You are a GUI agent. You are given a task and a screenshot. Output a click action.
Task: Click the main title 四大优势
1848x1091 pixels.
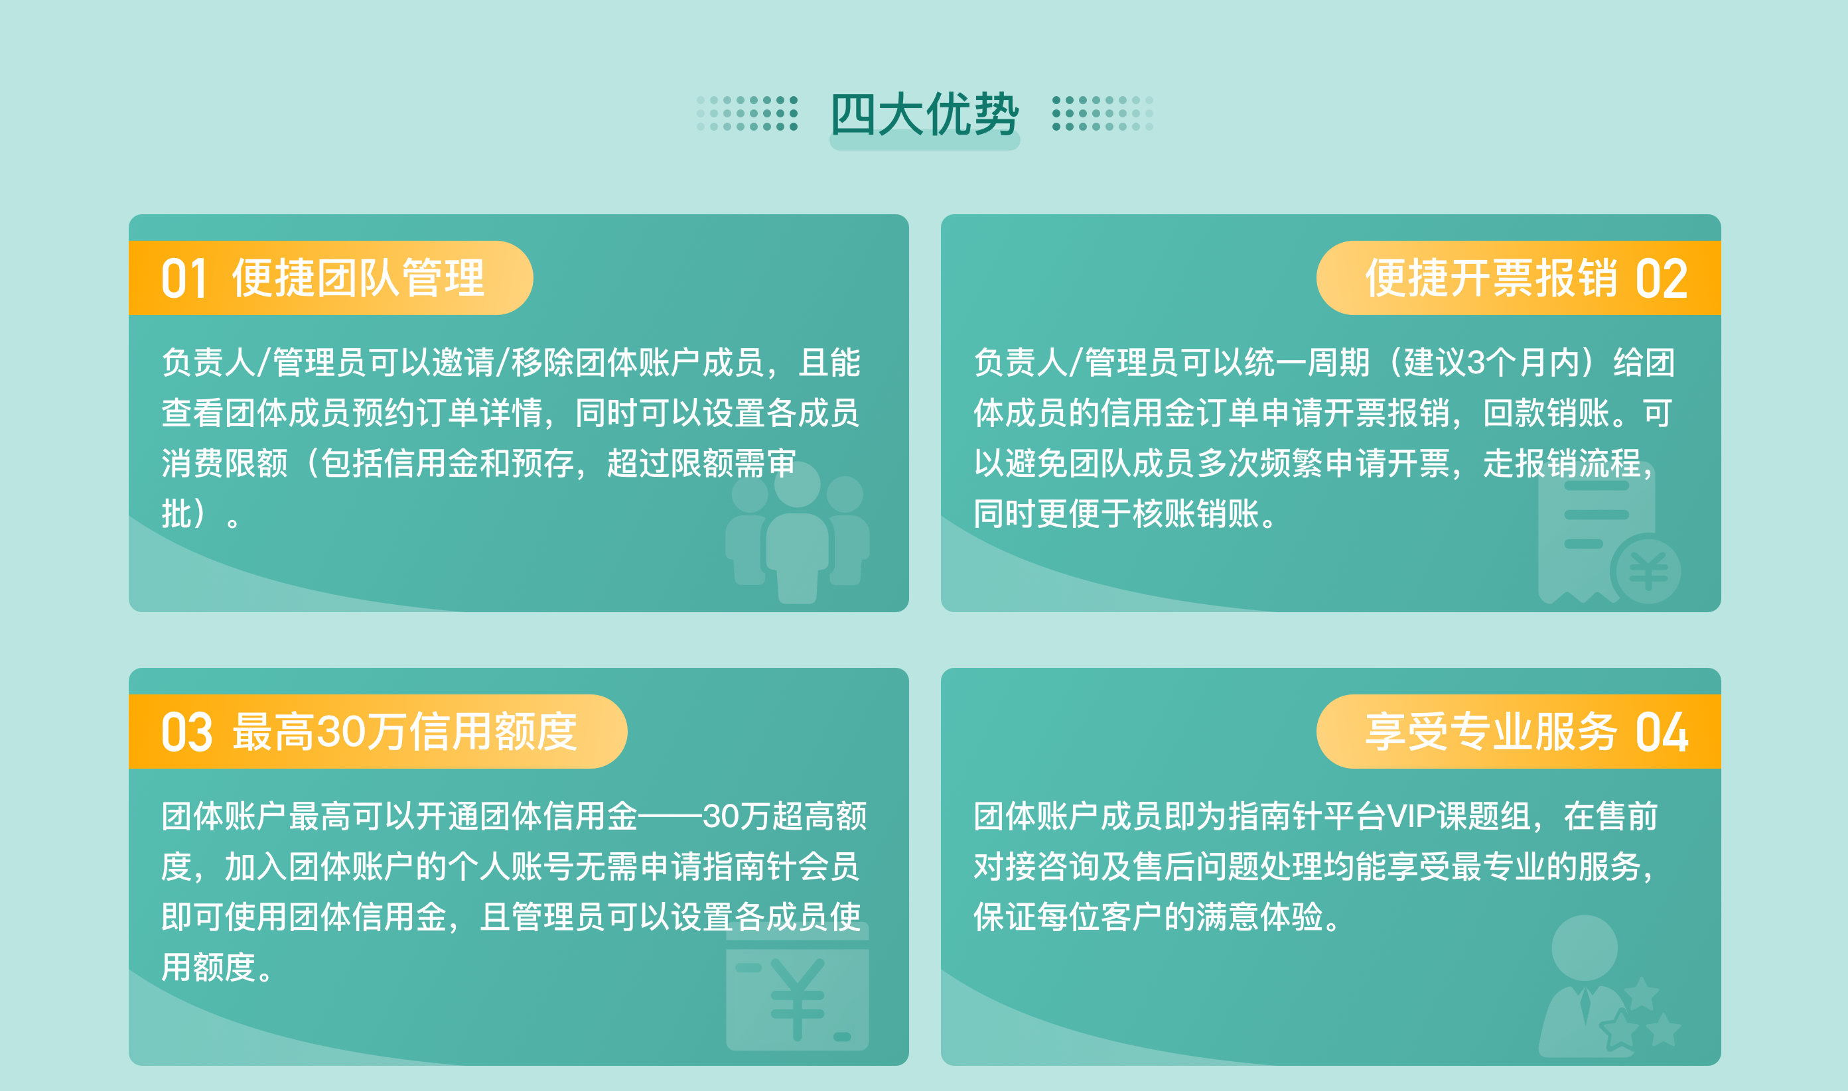pos(924,115)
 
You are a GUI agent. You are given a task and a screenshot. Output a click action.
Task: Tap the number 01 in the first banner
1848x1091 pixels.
pos(184,279)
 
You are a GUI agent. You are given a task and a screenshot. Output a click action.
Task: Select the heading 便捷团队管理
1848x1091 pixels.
pos(358,278)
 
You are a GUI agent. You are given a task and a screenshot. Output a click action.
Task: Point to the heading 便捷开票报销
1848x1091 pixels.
pos(1490,278)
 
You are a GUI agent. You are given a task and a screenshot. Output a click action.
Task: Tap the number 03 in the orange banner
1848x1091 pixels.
pos(186,733)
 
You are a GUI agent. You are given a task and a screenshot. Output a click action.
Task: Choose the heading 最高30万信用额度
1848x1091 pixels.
pos(405,732)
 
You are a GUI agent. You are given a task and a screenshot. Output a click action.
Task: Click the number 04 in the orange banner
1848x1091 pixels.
pos(1662,733)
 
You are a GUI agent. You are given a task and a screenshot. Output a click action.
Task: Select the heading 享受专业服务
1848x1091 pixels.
pos(1490,732)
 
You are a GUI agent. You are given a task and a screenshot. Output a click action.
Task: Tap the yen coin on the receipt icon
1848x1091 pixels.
pos(1647,570)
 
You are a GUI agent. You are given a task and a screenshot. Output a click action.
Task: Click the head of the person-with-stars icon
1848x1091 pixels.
pos(1584,948)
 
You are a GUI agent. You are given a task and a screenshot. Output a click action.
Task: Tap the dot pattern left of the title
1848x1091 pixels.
pos(747,113)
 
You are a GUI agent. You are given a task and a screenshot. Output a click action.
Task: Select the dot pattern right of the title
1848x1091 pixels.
pos(1102,113)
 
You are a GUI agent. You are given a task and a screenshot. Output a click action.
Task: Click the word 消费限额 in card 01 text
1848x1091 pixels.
pos(225,463)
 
